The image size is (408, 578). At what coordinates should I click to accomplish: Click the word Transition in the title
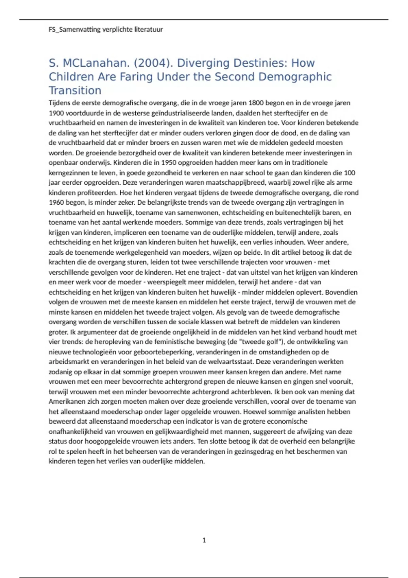75,90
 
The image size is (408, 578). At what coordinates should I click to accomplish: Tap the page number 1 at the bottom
204,540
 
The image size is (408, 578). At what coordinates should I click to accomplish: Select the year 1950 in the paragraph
169,163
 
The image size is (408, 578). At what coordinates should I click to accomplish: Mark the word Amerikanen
66,402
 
